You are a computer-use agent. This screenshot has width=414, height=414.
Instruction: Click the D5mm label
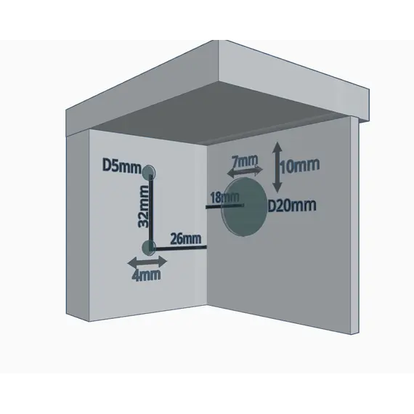pyautogui.click(x=122, y=166)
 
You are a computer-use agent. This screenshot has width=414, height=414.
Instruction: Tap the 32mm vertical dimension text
pyautogui.click(x=144, y=206)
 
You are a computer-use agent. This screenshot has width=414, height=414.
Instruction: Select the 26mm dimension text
pyautogui.click(x=186, y=238)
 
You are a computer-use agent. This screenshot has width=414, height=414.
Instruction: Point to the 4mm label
pyautogui.click(x=147, y=275)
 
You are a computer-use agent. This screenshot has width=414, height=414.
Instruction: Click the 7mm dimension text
pyautogui.click(x=245, y=161)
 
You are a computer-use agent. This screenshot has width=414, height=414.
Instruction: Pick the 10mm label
pyautogui.click(x=299, y=166)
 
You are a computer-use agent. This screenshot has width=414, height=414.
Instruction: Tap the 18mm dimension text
pyautogui.click(x=224, y=198)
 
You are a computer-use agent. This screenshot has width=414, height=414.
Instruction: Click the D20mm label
pyautogui.click(x=292, y=206)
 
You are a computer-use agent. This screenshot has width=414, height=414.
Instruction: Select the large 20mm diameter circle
pyautogui.click(x=245, y=207)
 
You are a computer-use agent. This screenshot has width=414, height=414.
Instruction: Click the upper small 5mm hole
pyautogui.click(x=149, y=172)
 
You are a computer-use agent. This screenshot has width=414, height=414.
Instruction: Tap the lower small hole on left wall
pyautogui.click(x=149, y=248)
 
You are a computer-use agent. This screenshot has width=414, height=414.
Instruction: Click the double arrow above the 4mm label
pyautogui.click(x=147, y=262)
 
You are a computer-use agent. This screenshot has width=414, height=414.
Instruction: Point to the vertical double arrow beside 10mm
pyautogui.click(x=277, y=167)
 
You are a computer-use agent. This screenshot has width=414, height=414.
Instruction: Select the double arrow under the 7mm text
pyautogui.click(x=245, y=171)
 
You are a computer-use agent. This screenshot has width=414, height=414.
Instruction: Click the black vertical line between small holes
pyautogui.click(x=152, y=212)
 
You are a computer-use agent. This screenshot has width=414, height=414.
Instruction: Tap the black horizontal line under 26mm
pyautogui.click(x=179, y=248)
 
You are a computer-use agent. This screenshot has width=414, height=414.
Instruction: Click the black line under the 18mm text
pyautogui.click(x=224, y=206)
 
